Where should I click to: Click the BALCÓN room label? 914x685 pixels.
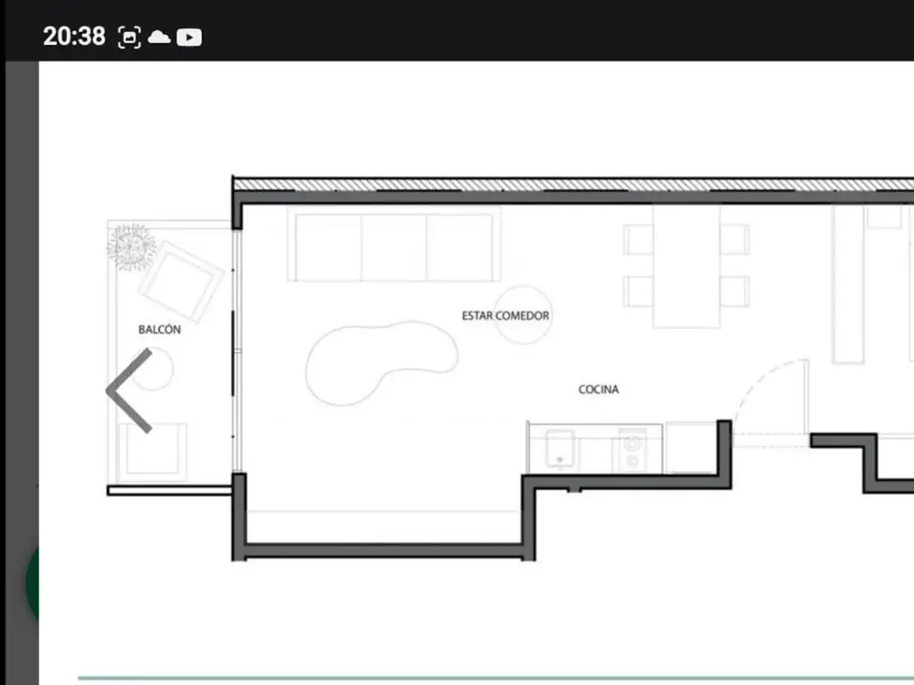[160, 330]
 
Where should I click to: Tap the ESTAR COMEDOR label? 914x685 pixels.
[505, 316]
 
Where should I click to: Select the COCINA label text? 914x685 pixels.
[599, 389]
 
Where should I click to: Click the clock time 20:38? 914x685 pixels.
[74, 36]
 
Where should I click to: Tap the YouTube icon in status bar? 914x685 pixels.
[189, 37]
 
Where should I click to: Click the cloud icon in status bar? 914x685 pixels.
[159, 37]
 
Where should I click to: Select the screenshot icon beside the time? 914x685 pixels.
[129, 37]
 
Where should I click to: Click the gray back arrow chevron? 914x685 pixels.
[129, 391]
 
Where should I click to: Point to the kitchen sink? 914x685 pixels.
[560, 450]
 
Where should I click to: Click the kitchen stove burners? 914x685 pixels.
[633, 450]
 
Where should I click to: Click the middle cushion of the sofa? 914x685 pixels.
[394, 248]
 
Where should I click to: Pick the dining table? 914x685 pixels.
[686, 268]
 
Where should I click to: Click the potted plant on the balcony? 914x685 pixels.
[131, 247]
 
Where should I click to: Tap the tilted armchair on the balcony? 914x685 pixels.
[180, 282]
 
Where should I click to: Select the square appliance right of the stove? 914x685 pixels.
[691, 447]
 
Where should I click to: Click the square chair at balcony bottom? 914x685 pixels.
[152, 452]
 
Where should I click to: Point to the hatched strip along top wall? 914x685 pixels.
[573, 185]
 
